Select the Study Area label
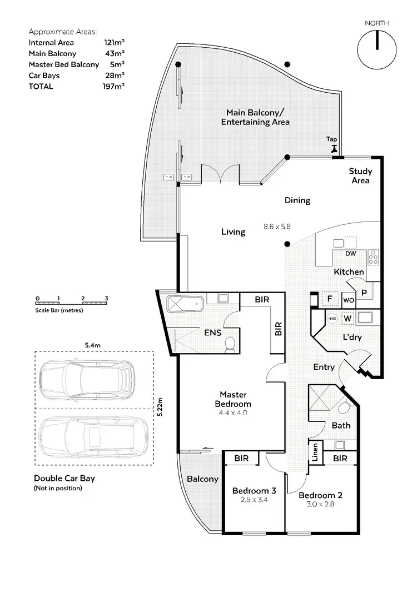point(359,176)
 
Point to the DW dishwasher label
point(350,254)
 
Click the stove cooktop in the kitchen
point(373,258)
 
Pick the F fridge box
point(329,299)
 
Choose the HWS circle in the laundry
point(332,319)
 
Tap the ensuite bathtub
point(186,305)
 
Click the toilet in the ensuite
point(230,345)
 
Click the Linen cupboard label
point(315,452)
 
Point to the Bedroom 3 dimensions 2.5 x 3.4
point(254,500)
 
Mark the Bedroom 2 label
point(317,495)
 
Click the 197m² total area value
point(113,87)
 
